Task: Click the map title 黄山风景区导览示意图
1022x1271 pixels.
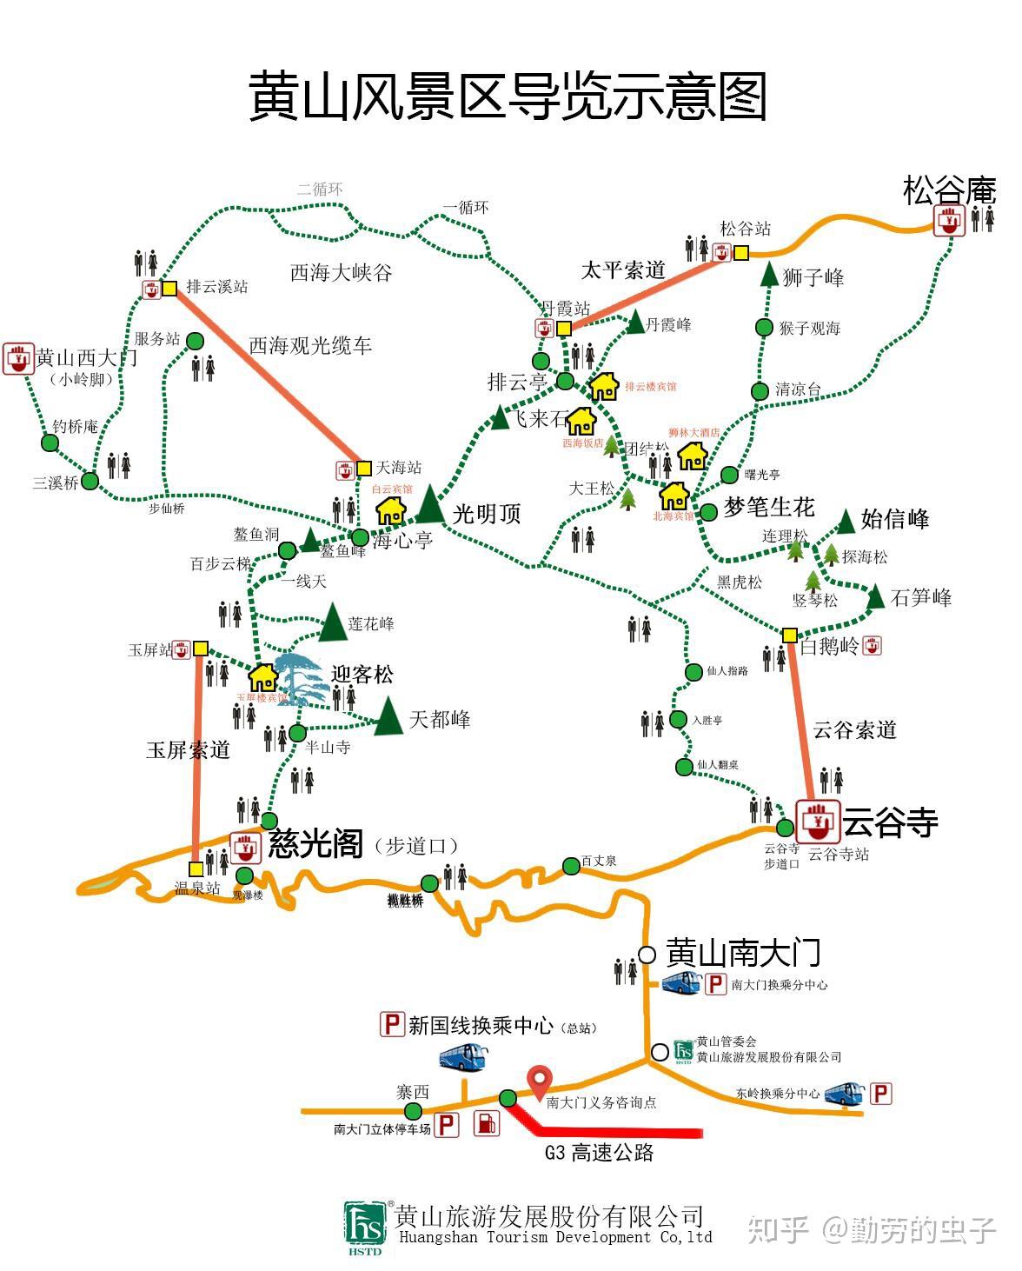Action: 508,95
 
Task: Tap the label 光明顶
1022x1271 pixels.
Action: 486,513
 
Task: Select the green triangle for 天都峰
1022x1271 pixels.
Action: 388,716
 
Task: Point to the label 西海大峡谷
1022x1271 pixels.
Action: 341,273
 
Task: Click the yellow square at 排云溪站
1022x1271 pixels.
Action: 169,288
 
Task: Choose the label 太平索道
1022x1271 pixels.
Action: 622,270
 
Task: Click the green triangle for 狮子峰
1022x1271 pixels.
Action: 769,274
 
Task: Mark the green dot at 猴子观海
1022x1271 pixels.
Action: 764,327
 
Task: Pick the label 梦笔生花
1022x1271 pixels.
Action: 769,507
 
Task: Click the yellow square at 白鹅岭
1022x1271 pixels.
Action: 789,635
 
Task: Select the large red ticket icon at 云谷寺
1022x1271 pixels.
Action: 818,820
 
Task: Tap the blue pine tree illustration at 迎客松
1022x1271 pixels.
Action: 302,679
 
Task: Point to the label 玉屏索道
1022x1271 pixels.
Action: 188,749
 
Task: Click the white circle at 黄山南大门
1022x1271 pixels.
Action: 647,955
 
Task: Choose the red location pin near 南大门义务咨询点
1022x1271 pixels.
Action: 541,1081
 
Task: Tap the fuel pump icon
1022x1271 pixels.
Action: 487,1123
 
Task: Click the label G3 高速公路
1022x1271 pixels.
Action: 599,1153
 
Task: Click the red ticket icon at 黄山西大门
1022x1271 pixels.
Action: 17,358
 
